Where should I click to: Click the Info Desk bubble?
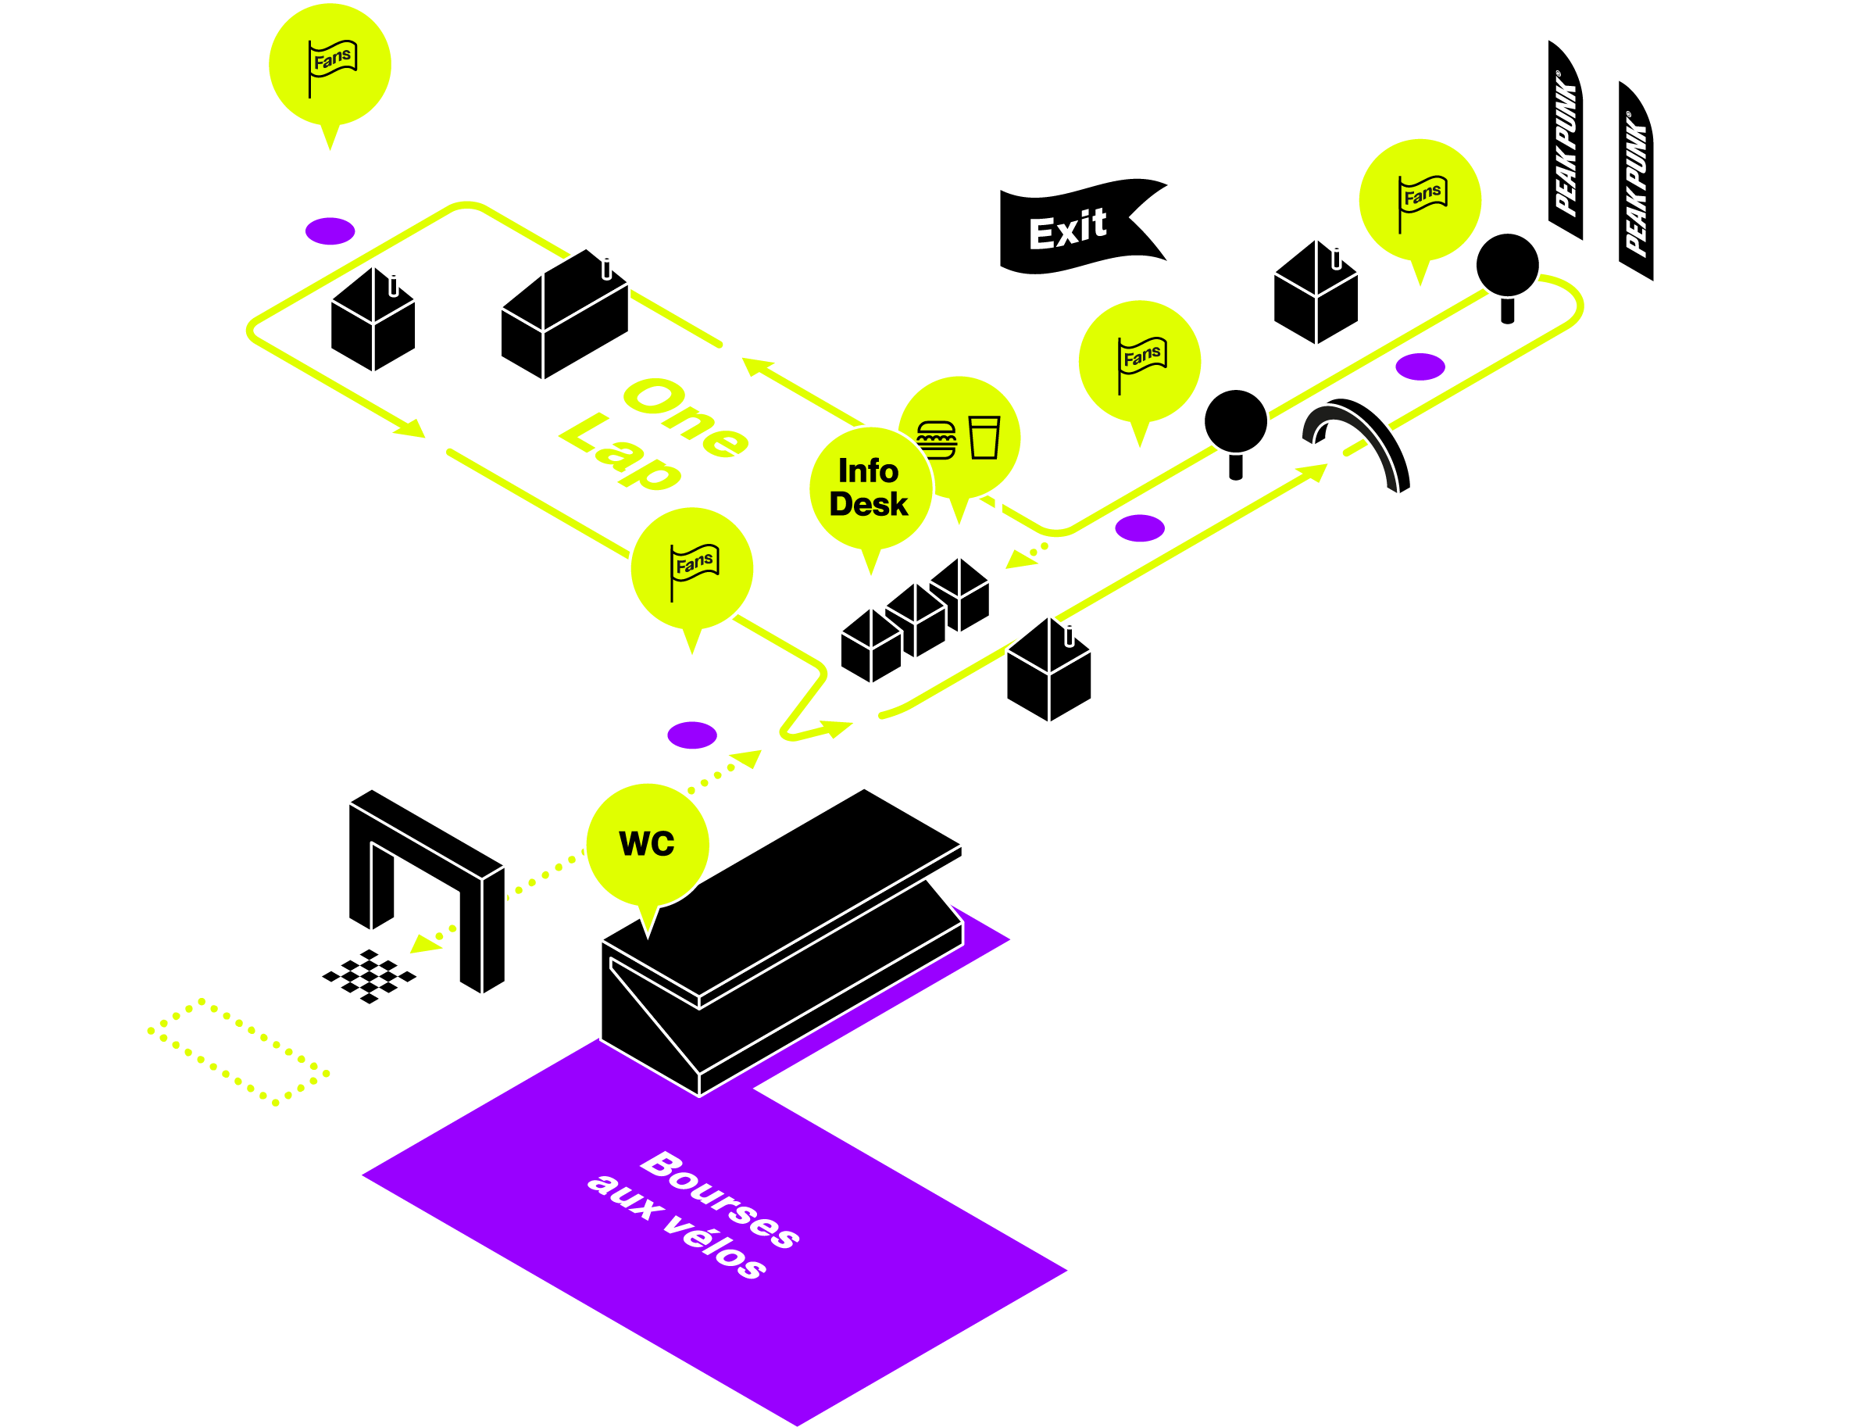[870, 488]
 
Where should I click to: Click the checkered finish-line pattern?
[370, 976]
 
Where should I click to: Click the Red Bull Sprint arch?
[1359, 442]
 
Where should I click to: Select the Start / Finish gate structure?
[427, 888]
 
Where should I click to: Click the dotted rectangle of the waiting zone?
[237, 1052]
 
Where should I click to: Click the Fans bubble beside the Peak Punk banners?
[1420, 199]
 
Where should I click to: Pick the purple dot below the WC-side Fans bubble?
[692, 735]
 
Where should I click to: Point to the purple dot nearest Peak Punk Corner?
[1420, 367]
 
